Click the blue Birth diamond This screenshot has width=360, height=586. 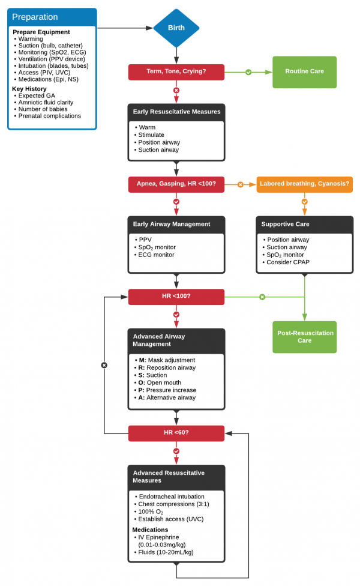coord(176,28)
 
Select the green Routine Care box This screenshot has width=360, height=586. coord(304,71)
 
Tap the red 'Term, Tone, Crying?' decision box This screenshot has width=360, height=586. coord(176,72)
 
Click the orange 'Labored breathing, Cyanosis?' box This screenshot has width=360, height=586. coord(304,184)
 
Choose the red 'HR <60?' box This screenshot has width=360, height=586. coord(176,433)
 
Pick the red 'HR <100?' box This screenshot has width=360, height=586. coord(176,297)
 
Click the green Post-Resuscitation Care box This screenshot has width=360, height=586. coord(304,337)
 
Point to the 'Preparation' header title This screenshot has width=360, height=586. coord(35,17)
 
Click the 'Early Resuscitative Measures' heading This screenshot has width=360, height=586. coord(176,112)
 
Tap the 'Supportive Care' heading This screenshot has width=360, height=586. coord(286,224)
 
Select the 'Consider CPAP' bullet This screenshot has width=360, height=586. coord(288,262)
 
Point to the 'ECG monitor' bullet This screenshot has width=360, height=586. coord(157,255)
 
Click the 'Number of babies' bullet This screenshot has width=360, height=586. coord(43,109)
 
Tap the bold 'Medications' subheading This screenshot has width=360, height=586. coord(151,530)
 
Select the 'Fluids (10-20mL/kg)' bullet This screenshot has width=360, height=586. coord(166,552)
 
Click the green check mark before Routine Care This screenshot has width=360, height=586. coord(248,72)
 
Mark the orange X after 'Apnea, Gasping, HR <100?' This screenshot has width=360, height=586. coord(241,184)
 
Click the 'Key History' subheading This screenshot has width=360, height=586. coord(29,88)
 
